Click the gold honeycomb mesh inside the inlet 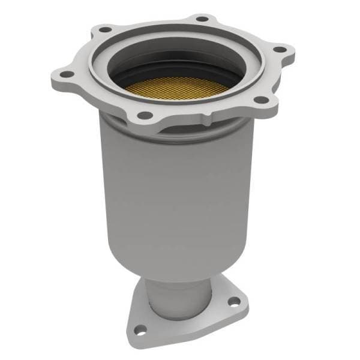(x=177, y=87)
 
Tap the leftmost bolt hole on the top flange (x=65, y=74)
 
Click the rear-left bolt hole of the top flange (x=106, y=29)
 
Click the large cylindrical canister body (x=180, y=192)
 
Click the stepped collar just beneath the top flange (x=180, y=129)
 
